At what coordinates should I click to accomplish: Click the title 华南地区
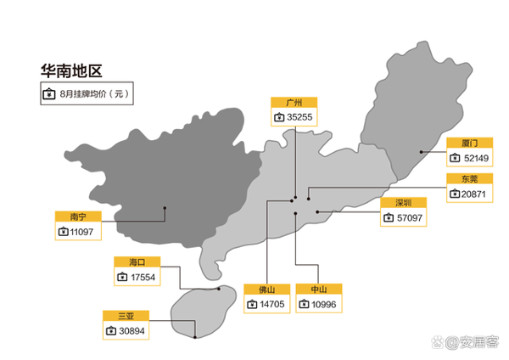click(x=71, y=70)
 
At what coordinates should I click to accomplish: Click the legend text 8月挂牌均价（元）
click(x=94, y=94)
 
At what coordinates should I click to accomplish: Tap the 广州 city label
click(x=294, y=103)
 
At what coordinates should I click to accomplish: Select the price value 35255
click(x=299, y=117)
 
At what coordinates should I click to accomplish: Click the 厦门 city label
click(x=470, y=143)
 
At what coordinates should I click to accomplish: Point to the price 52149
click(x=476, y=158)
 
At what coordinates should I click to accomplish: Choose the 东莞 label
click(x=470, y=178)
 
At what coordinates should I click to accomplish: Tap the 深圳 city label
click(x=404, y=203)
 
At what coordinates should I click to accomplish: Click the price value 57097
click(x=410, y=217)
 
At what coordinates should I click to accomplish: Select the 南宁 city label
click(x=78, y=217)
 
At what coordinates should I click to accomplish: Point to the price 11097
click(x=81, y=232)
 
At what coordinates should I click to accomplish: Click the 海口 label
click(x=137, y=262)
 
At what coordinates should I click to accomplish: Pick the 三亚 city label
click(x=126, y=316)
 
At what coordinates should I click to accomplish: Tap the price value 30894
click(x=131, y=331)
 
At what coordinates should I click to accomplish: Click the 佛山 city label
click(x=267, y=290)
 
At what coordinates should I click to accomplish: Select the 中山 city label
click(x=319, y=289)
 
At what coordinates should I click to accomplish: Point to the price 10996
click(x=324, y=305)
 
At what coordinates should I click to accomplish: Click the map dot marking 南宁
click(x=165, y=208)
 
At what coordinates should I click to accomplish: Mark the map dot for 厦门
click(x=421, y=152)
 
